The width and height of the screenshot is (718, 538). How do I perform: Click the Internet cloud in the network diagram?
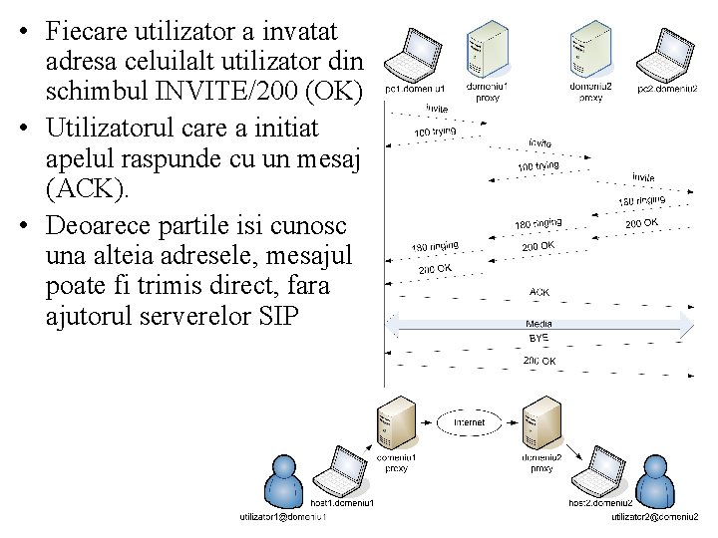tap(469, 422)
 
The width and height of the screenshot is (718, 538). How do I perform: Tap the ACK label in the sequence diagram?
tap(539, 293)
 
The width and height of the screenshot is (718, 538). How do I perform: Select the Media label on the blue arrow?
tap(539, 324)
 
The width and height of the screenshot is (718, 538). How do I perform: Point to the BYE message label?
tap(539, 339)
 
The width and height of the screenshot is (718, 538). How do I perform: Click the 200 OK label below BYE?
tap(539, 361)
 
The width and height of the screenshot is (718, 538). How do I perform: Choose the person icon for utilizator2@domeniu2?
tap(655, 481)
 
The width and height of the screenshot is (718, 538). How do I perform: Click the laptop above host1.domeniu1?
tap(345, 474)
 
